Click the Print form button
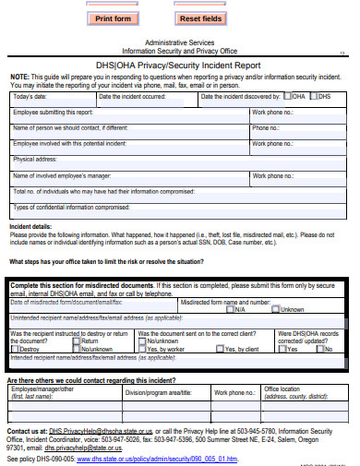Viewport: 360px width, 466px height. click(114, 18)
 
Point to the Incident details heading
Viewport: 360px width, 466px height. click(30, 225)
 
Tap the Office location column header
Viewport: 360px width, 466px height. click(282, 388)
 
